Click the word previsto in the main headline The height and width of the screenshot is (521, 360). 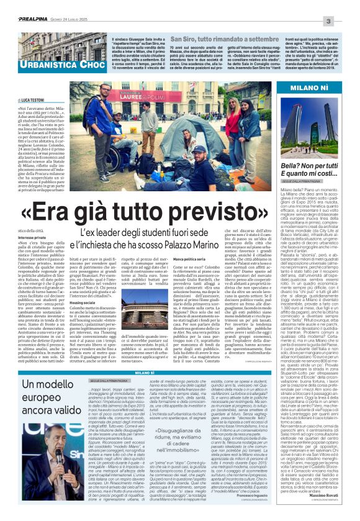click(200, 214)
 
